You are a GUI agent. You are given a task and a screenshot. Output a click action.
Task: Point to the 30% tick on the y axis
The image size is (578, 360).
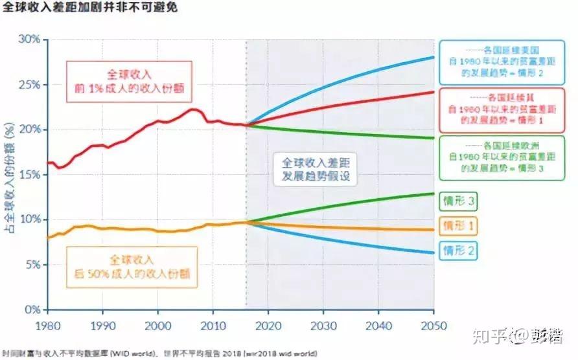30,39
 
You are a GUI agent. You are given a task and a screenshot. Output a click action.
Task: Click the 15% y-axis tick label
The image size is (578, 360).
30,175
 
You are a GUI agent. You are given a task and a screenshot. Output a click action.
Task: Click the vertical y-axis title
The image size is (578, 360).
10,175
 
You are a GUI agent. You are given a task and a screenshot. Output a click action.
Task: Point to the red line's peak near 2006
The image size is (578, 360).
192,109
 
